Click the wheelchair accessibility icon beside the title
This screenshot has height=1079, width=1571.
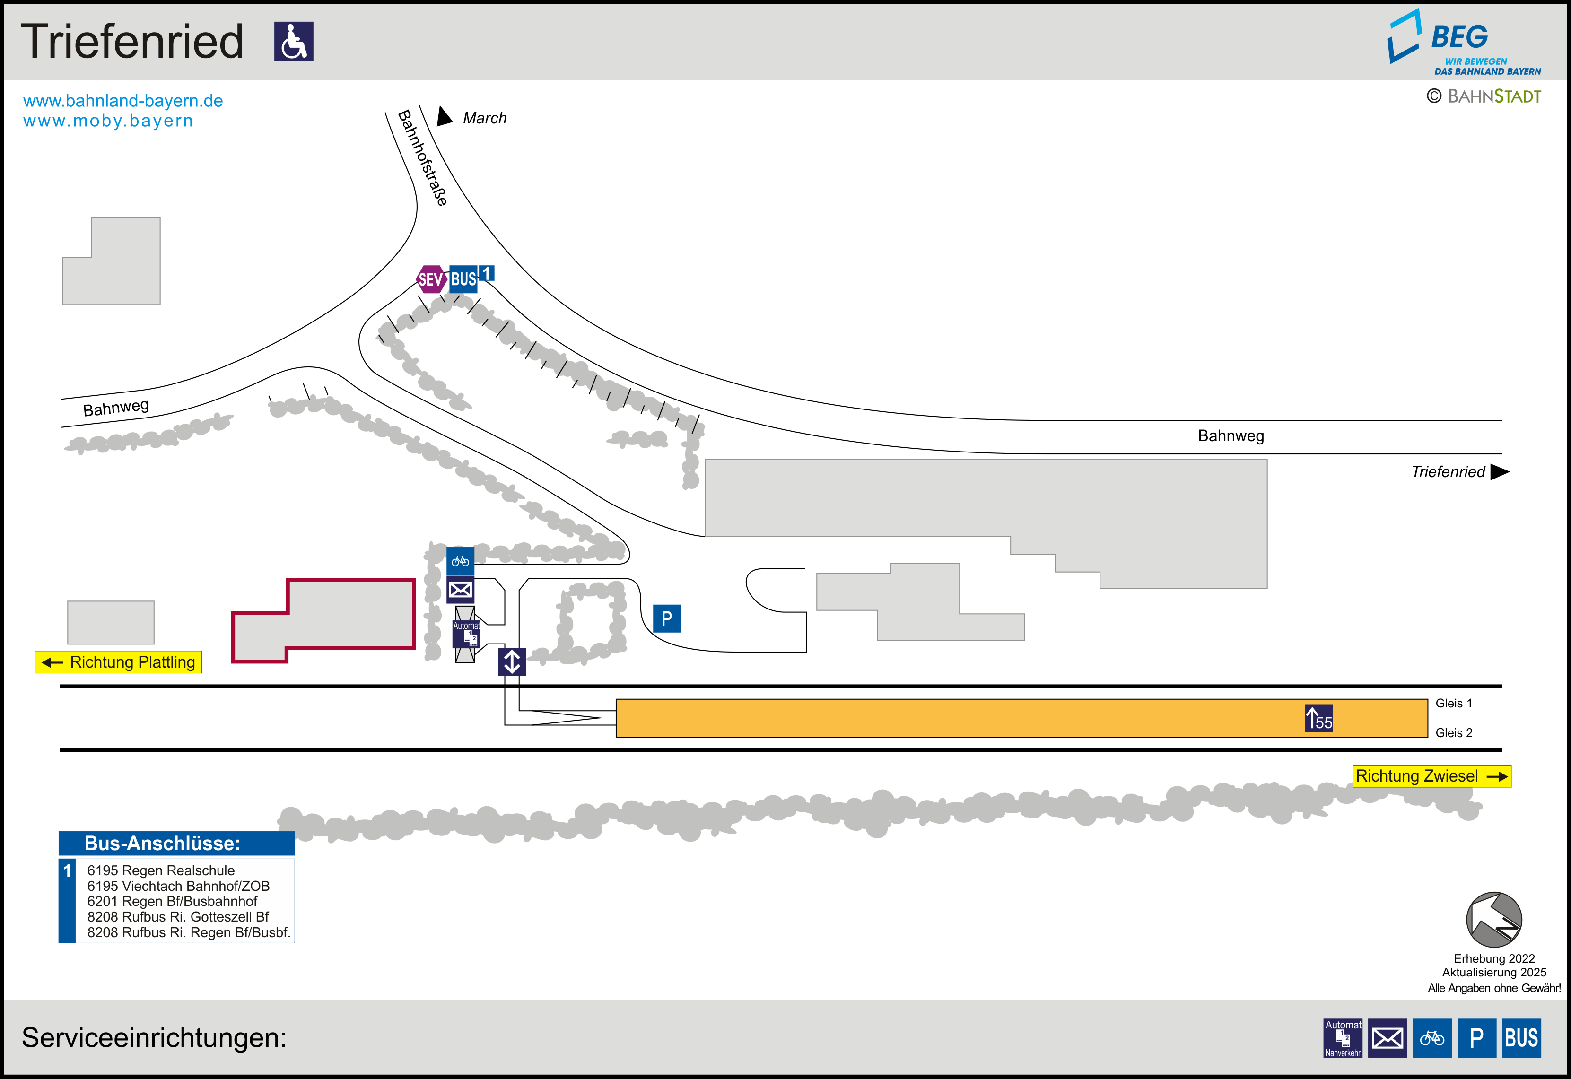point(293,41)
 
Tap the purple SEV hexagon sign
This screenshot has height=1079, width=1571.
point(431,278)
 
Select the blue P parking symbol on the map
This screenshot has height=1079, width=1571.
point(666,618)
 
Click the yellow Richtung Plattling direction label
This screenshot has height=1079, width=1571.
point(118,662)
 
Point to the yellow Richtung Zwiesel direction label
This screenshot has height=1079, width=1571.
point(1431,775)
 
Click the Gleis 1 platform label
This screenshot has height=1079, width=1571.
point(1453,703)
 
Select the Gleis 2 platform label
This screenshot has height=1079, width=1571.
point(1453,733)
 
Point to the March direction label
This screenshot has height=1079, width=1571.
point(484,118)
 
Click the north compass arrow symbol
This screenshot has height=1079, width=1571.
point(1493,920)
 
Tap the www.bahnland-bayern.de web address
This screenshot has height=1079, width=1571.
point(123,101)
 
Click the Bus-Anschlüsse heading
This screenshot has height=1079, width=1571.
point(162,843)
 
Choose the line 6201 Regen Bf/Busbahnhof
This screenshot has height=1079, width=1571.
point(173,901)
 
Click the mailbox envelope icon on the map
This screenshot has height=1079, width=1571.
point(460,590)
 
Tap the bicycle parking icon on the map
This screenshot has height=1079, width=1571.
point(460,560)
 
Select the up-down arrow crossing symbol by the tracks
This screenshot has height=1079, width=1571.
point(512,662)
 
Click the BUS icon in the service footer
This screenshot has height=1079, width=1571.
point(1521,1038)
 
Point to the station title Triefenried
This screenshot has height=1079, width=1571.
point(132,41)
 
